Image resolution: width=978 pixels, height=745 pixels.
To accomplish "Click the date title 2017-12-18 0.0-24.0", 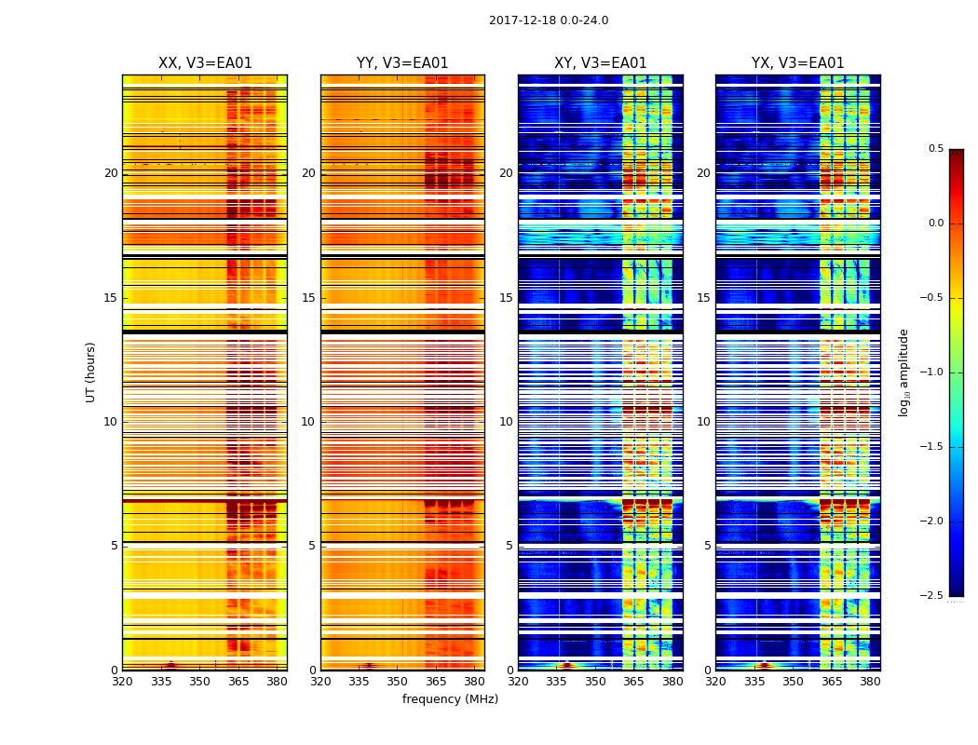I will coord(549,20).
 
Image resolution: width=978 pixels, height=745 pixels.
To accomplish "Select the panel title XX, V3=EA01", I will coord(205,63).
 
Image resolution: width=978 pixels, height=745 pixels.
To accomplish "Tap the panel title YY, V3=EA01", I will coord(402,63).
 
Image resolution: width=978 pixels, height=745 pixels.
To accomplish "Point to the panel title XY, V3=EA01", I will coord(601,63).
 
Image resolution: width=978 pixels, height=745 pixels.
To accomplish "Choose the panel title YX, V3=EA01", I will coord(798,63).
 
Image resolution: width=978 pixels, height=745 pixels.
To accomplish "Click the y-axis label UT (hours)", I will coord(91,372).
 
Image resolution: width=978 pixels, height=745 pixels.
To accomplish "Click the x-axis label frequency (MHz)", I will coord(450,699).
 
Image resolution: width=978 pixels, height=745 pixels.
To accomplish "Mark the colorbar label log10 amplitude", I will coord(903,372).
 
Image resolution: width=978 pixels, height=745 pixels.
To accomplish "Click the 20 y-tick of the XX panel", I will coord(111,173).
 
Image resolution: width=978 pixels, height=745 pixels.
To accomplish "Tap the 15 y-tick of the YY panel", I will coord(308,298).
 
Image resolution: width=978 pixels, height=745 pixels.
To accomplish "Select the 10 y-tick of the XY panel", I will coord(506,422).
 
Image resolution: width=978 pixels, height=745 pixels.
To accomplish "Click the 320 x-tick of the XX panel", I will coord(122,682).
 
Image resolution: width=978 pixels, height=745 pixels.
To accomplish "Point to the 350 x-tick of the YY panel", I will coord(397,682).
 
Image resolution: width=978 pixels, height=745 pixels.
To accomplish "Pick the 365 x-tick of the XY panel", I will coord(633,682).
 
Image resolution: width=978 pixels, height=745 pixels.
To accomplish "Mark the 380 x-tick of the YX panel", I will coord(870,682).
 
